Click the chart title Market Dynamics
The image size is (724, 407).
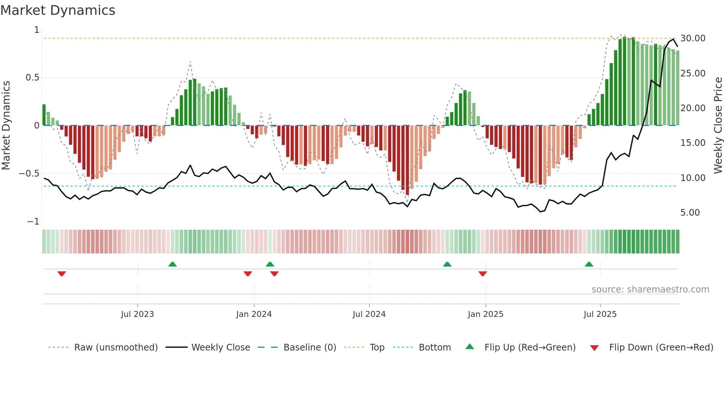[58, 10]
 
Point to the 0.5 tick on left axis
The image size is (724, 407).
[32, 78]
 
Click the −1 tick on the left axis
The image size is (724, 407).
[33, 222]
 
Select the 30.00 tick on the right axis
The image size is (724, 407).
[693, 38]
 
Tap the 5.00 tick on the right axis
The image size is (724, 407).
[690, 213]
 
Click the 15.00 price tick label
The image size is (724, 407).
[693, 143]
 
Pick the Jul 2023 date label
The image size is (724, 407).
[137, 314]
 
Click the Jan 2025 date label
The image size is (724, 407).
[485, 314]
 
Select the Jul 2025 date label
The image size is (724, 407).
[600, 314]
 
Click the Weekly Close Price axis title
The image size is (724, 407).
[718, 125]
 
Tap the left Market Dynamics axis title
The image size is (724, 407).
[6, 125]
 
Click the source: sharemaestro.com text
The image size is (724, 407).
[650, 290]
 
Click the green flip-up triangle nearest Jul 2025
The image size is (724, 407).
[589, 264]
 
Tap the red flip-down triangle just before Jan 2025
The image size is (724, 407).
[482, 273]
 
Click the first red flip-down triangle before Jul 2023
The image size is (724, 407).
[62, 273]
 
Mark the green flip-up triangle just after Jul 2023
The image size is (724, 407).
[172, 264]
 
